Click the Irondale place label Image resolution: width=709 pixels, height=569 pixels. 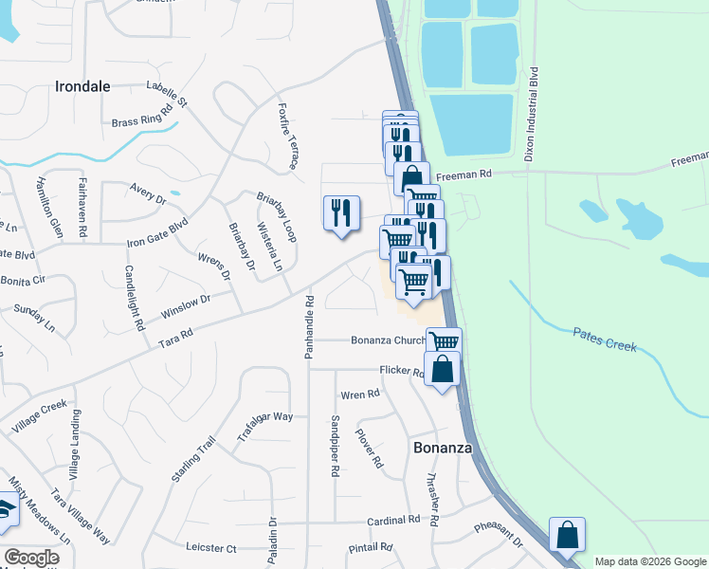pyautogui.click(x=82, y=86)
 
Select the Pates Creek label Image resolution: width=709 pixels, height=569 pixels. pyautogui.click(x=605, y=340)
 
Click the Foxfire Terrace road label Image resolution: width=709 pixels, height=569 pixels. pyautogui.click(x=287, y=136)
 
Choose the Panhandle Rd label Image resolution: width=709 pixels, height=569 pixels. pyautogui.click(x=309, y=327)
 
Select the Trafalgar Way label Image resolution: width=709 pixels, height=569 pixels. pyautogui.click(x=264, y=424)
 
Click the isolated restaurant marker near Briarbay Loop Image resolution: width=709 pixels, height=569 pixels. pyautogui.click(x=341, y=214)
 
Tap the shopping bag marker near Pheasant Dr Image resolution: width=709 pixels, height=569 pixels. pyautogui.click(x=567, y=535)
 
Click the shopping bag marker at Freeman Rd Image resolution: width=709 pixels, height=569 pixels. pyautogui.click(x=411, y=178)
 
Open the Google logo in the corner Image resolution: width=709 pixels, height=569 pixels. pyautogui.click(x=31, y=558)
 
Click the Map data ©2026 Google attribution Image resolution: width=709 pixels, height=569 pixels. pyautogui.click(x=650, y=561)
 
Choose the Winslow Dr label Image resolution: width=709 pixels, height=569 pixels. pyautogui.click(x=185, y=305)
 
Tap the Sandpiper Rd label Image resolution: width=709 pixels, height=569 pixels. pyautogui.click(x=336, y=445)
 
